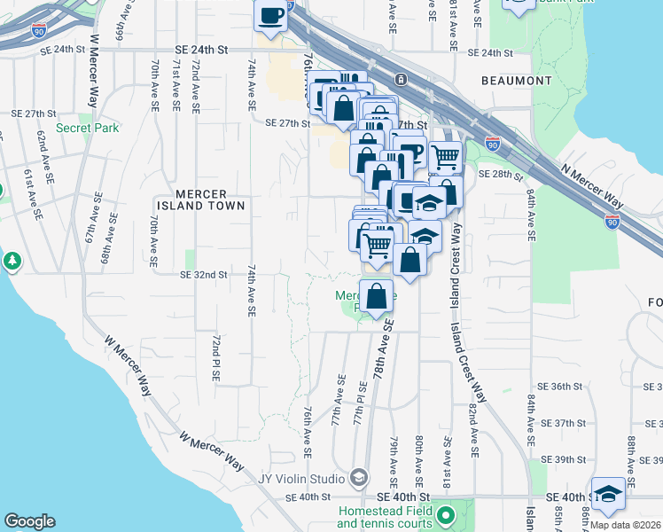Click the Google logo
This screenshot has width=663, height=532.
(29, 521)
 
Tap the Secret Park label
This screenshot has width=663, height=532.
(87, 128)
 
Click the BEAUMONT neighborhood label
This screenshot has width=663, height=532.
(517, 81)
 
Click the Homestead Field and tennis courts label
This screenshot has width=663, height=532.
(385, 517)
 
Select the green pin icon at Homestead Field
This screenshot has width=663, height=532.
(446, 514)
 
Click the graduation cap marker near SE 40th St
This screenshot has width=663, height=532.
(608, 493)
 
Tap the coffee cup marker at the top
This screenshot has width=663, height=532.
(271, 14)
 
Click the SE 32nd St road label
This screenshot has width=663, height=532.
(206, 275)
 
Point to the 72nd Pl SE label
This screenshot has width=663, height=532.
(214, 358)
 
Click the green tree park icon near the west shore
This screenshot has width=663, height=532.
(12, 261)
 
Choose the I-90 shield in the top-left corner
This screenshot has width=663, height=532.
(39, 30)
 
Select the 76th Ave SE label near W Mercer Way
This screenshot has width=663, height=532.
(307, 433)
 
